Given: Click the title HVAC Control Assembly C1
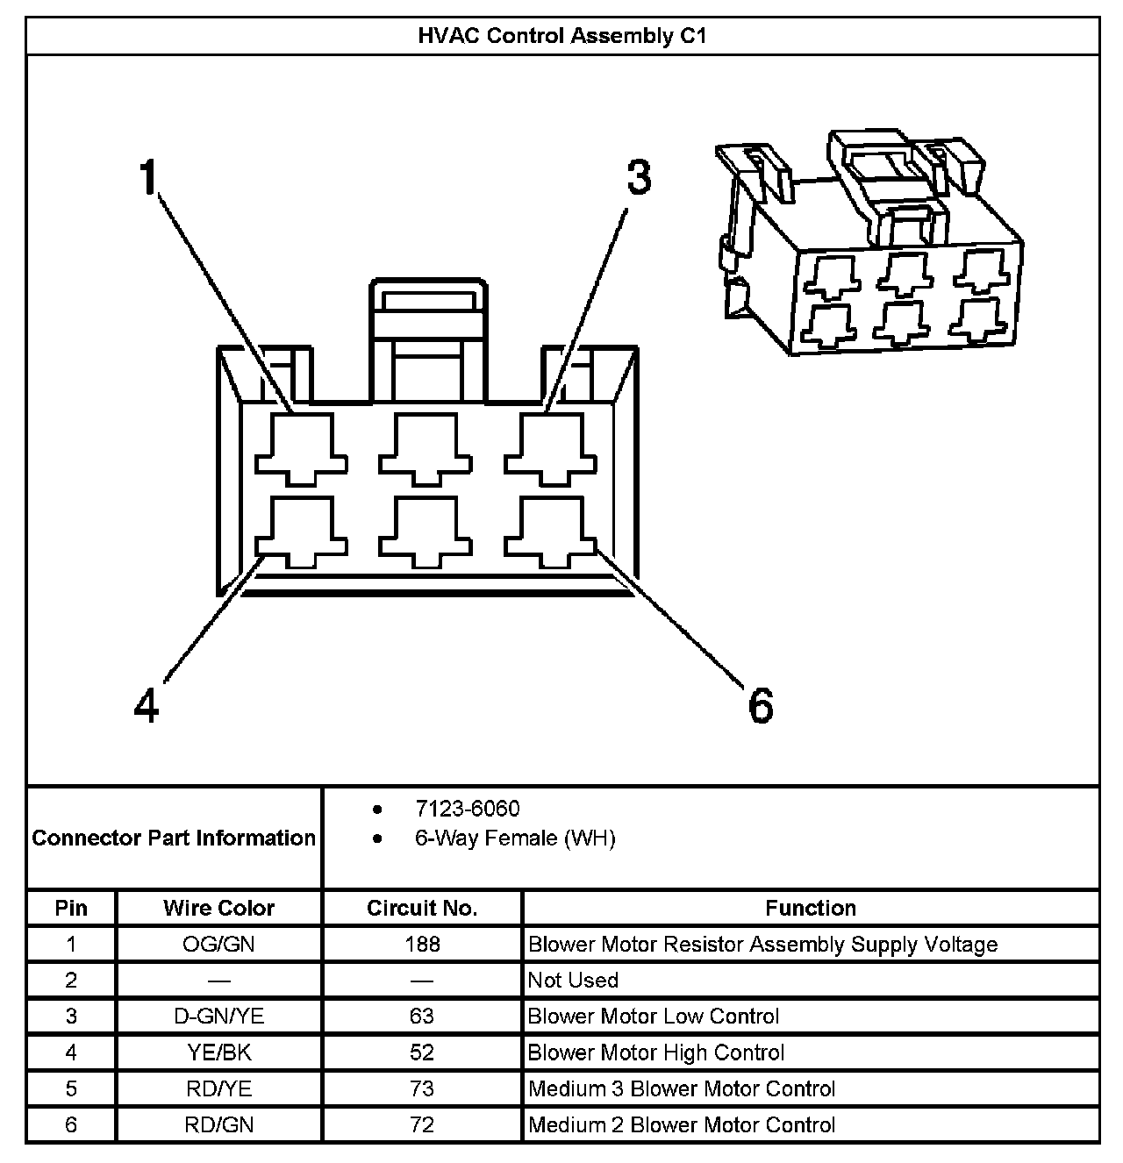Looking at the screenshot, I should pyautogui.click(x=561, y=36).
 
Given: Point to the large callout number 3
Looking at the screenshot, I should pyautogui.click(x=639, y=177).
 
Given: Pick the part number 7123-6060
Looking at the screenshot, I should pyautogui.click(x=467, y=809).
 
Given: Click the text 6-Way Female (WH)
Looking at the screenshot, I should pyautogui.click(x=515, y=838).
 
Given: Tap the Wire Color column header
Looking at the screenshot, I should pyautogui.click(x=218, y=908).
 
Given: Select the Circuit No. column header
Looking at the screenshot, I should pyautogui.click(x=421, y=908).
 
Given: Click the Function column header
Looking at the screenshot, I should pyautogui.click(x=810, y=908).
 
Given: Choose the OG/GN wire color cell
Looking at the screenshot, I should pyautogui.click(x=218, y=945).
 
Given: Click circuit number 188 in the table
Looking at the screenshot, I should pyautogui.click(x=421, y=945).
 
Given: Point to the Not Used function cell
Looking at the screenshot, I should pyautogui.click(x=573, y=981).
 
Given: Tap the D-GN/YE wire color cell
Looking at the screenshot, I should pyautogui.click(x=218, y=1017).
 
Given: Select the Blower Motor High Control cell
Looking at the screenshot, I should pyautogui.click(x=656, y=1052).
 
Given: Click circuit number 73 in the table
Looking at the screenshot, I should pyautogui.click(x=421, y=1088).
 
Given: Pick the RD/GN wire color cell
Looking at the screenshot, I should pyautogui.click(x=218, y=1124).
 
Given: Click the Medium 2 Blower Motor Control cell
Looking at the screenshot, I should pyautogui.click(x=682, y=1124).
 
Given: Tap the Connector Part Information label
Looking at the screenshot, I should pyautogui.click(x=174, y=838).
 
